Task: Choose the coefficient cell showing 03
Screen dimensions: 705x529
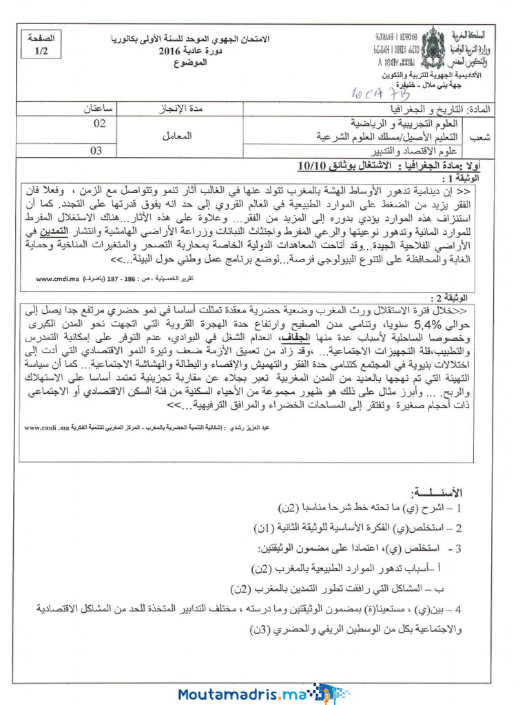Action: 96,151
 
